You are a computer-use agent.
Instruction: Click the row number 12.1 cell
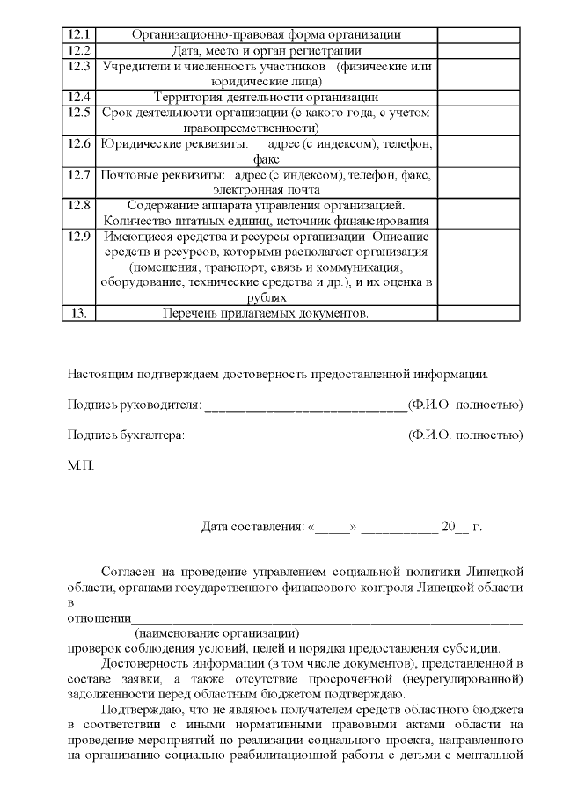(77, 34)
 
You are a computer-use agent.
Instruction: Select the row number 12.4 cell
(77, 96)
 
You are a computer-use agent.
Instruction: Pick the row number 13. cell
(77, 313)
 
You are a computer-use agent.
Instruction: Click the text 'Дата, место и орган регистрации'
(266, 50)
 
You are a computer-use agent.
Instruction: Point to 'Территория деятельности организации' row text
(266, 96)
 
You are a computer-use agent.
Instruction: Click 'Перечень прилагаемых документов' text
(266, 313)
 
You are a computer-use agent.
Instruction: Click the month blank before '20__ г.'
(398, 529)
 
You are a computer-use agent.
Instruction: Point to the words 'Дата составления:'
(252, 528)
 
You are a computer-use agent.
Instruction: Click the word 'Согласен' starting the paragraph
(128, 571)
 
